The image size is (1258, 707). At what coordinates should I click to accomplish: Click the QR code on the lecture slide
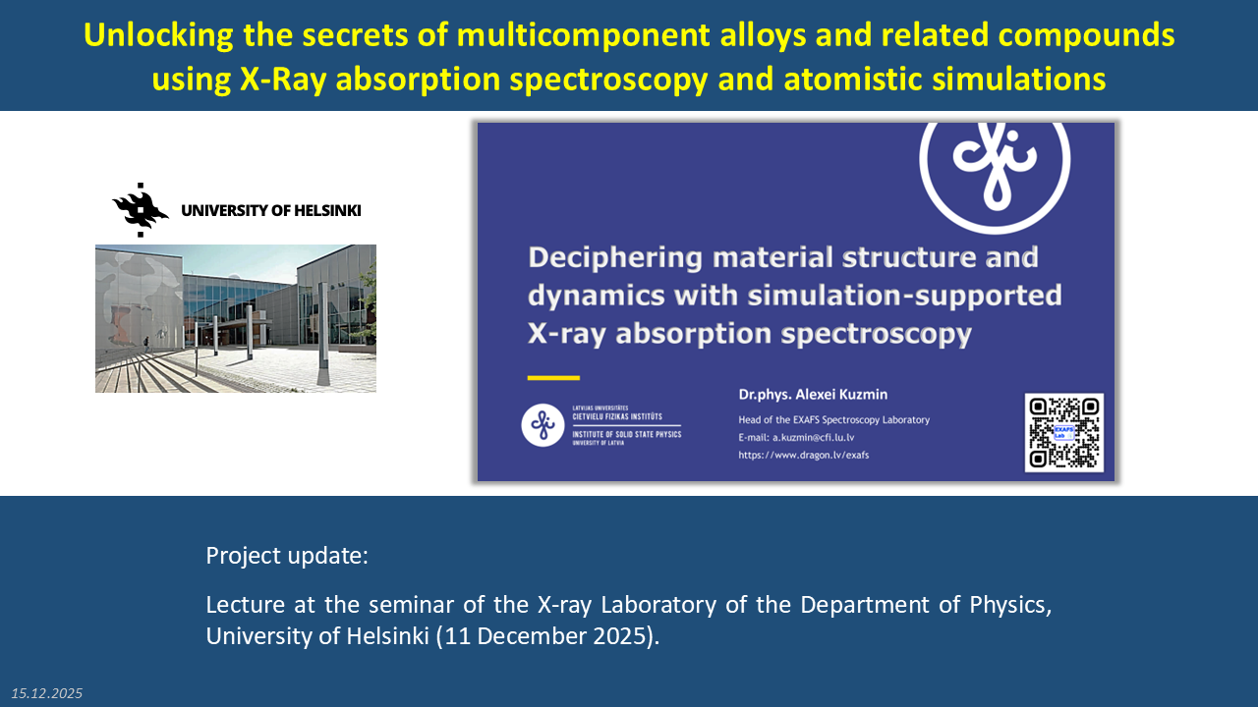click(x=1063, y=433)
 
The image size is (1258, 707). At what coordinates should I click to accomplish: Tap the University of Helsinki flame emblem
click(x=141, y=210)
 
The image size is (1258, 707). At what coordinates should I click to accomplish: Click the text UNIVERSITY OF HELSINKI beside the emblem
click(x=270, y=210)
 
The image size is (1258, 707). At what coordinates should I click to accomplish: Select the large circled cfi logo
click(x=995, y=168)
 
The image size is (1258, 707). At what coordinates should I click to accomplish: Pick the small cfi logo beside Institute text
click(x=543, y=425)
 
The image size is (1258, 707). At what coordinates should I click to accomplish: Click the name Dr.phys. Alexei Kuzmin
click(x=813, y=395)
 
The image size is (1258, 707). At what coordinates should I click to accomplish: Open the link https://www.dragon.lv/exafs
click(x=803, y=455)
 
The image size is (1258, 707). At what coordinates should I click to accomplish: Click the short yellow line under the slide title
click(x=553, y=378)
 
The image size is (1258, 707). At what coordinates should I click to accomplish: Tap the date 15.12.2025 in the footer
click(x=46, y=693)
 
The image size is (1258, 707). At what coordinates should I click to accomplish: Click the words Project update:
click(x=287, y=556)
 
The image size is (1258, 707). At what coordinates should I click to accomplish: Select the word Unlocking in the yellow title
click(x=158, y=34)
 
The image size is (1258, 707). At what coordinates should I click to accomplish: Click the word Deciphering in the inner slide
click(x=615, y=258)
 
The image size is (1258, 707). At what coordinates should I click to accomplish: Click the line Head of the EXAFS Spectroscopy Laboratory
click(x=834, y=419)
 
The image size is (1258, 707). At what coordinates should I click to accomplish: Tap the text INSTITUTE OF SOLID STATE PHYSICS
click(x=627, y=434)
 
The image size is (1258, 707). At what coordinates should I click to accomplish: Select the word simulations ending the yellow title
click(x=1019, y=79)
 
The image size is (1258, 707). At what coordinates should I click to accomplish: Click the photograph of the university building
click(x=236, y=318)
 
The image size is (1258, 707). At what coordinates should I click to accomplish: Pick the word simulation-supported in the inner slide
click(x=905, y=297)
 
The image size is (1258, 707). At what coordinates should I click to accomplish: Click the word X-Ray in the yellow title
click(x=283, y=80)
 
